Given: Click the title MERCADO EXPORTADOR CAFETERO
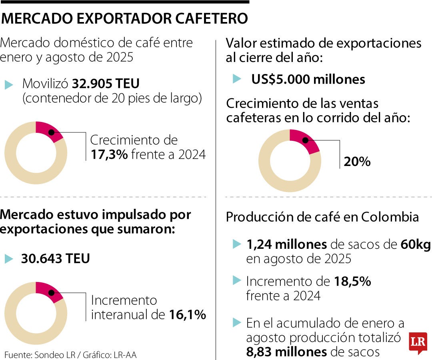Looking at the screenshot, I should [124, 18].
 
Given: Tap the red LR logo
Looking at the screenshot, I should [418, 343].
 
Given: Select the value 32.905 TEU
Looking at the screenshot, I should [106, 84].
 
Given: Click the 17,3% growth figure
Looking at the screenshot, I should [109, 154].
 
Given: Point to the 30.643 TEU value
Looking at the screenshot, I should [55, 258].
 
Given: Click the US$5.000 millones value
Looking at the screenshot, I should [308, 79].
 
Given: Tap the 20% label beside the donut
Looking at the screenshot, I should [357, 162].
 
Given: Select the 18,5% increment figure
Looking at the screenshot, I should [352, 282].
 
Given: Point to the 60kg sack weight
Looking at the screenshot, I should [416, 245].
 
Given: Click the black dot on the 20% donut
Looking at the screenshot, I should [305, 140].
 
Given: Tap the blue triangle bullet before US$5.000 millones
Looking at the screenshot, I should [237, 79].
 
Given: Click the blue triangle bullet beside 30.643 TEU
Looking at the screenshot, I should [9, 259].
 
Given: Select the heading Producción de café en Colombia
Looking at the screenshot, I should [322, 217].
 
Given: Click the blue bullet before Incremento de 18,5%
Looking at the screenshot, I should [237, 280].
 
